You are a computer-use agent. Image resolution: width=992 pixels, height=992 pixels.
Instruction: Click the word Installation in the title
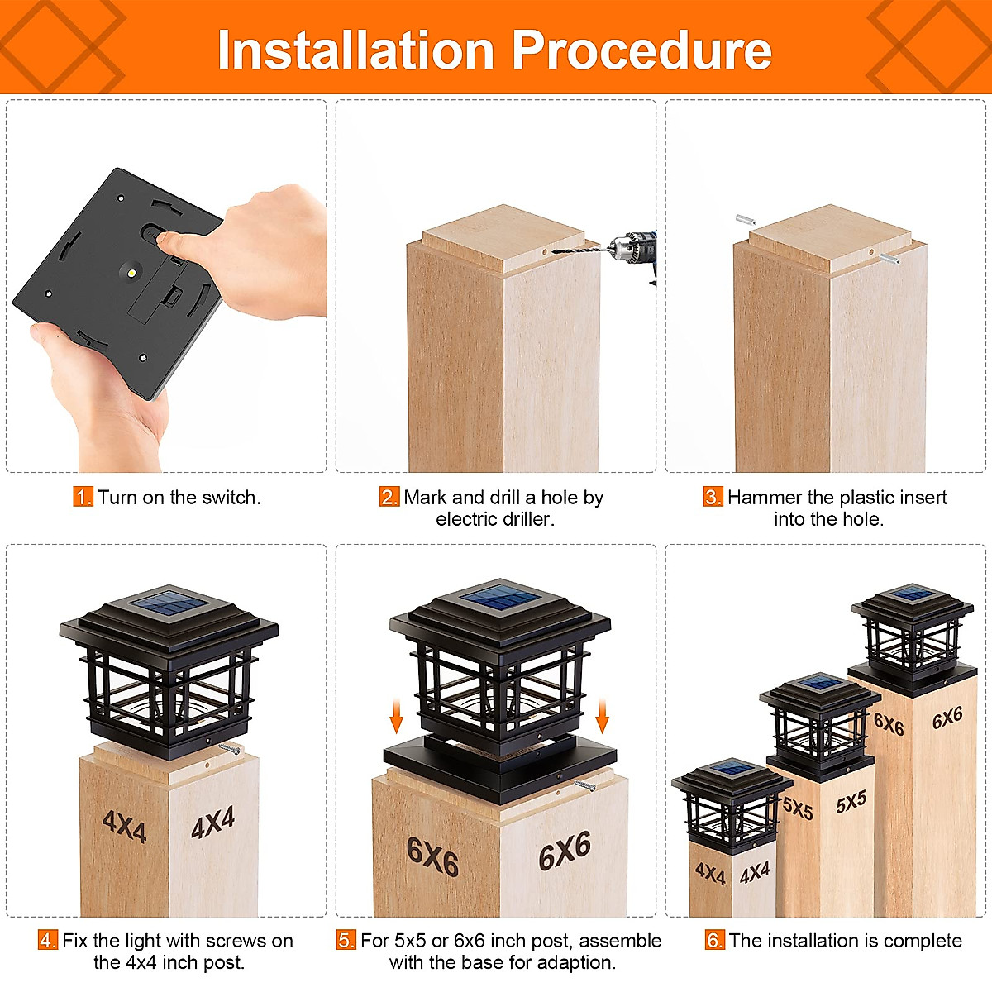(355, 50)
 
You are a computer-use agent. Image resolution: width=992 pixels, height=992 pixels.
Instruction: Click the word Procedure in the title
(642, 50)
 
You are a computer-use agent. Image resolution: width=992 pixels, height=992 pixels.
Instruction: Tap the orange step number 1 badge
(83, 497)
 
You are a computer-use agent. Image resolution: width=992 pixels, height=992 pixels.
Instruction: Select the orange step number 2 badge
(389, 497)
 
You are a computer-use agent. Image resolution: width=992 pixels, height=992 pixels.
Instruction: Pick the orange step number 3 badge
(713, 497)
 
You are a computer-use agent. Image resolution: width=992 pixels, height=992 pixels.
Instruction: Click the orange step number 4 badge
(48, 941)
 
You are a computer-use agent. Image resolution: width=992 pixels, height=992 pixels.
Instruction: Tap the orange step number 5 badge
(346, 941)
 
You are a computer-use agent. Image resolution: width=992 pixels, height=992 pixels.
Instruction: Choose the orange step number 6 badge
(714, 941)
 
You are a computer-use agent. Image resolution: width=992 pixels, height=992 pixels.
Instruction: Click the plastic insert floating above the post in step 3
(745, 220)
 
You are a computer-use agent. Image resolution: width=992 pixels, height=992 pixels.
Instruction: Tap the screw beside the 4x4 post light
(229, 748)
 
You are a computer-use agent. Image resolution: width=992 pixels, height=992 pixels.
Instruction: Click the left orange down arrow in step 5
(396, 717)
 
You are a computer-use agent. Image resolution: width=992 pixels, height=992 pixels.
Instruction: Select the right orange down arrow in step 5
(602, 717)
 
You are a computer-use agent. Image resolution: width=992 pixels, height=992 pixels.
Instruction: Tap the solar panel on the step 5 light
(500, 597)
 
